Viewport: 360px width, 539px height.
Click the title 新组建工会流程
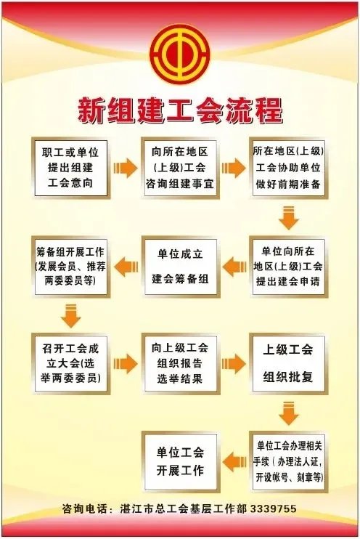point(180,110)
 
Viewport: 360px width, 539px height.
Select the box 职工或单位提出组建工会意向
point(70,168)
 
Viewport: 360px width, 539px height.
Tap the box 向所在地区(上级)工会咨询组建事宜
point(180,168)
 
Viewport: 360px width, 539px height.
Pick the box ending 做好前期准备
point(288,168)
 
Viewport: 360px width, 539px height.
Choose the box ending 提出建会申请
point(288,267)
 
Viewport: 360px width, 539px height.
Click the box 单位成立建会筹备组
point(180,267)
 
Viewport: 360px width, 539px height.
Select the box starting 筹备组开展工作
point(70,267)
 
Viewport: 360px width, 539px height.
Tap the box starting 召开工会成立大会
point(70,363)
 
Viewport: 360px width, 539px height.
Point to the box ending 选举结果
point(180,363)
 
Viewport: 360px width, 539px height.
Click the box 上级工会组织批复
point(288,363)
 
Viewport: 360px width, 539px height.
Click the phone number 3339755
point(273,508)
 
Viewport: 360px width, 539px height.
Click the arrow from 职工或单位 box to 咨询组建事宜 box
point(126,168)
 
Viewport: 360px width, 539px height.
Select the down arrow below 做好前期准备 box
point(289,218)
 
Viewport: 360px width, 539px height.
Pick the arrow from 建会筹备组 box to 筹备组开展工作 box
point(126,267)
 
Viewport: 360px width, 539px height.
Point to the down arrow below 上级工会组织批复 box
point(289,413)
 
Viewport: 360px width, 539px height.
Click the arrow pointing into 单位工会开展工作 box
point(234,462)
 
